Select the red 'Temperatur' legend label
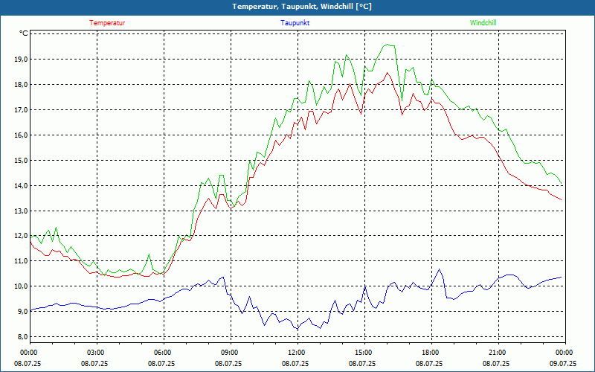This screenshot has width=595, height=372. (x=107, y=23)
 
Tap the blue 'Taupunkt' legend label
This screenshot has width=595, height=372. (x=295, y=23)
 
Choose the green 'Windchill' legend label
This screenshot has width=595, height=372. (x=483, y=23)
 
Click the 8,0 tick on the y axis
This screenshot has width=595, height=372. (x=19, y=337)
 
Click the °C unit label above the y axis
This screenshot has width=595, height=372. (x=24, y=33)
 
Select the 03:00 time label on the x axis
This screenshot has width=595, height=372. (x=95, y=352)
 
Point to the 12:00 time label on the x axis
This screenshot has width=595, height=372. (x=296, y=352)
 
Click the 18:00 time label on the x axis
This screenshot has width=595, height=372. (x=430, y=352)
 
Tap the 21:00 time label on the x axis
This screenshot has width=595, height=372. (x=497, y=352)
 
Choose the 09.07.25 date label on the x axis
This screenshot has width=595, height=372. (x=563, y=364)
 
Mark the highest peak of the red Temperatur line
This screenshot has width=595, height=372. (x=387, y=72)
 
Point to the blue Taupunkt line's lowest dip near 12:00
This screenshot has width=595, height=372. (x=296, y=329)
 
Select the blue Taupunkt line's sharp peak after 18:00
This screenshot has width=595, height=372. (x=439, y=269)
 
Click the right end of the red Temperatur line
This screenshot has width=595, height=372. (x=562, y=200)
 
